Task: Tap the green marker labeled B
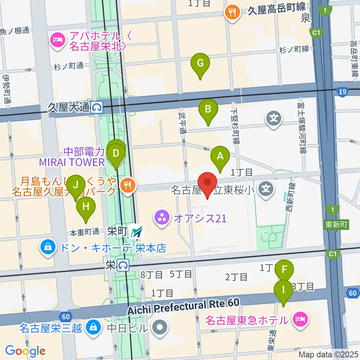[x=208, y=110]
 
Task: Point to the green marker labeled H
[x=86, y=207]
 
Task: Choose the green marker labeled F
[x=284, y=270]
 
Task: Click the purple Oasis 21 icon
[x=162, y=218]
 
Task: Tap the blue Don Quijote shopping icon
[x=48, y=248]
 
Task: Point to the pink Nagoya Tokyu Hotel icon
[x=301, y=320]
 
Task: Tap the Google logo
[x=25, y=351]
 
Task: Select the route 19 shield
[x=342, y=92]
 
